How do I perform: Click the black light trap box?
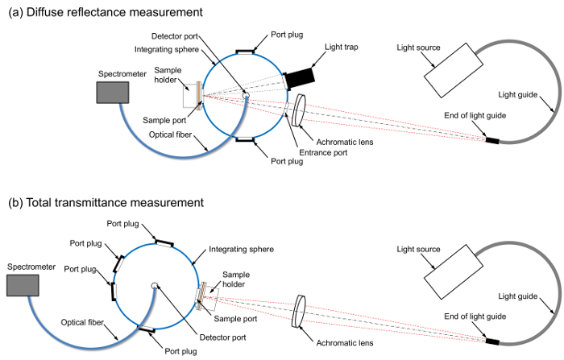click(x=298, y=76)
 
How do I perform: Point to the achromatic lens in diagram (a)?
click(x=299, y=110)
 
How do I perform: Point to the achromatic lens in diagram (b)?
click(x=300, y=309)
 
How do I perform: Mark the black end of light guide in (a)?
click(x=491, y=141)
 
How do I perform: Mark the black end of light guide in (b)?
click(x=491, y=342)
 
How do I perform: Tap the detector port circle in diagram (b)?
click(x=153, y=285)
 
